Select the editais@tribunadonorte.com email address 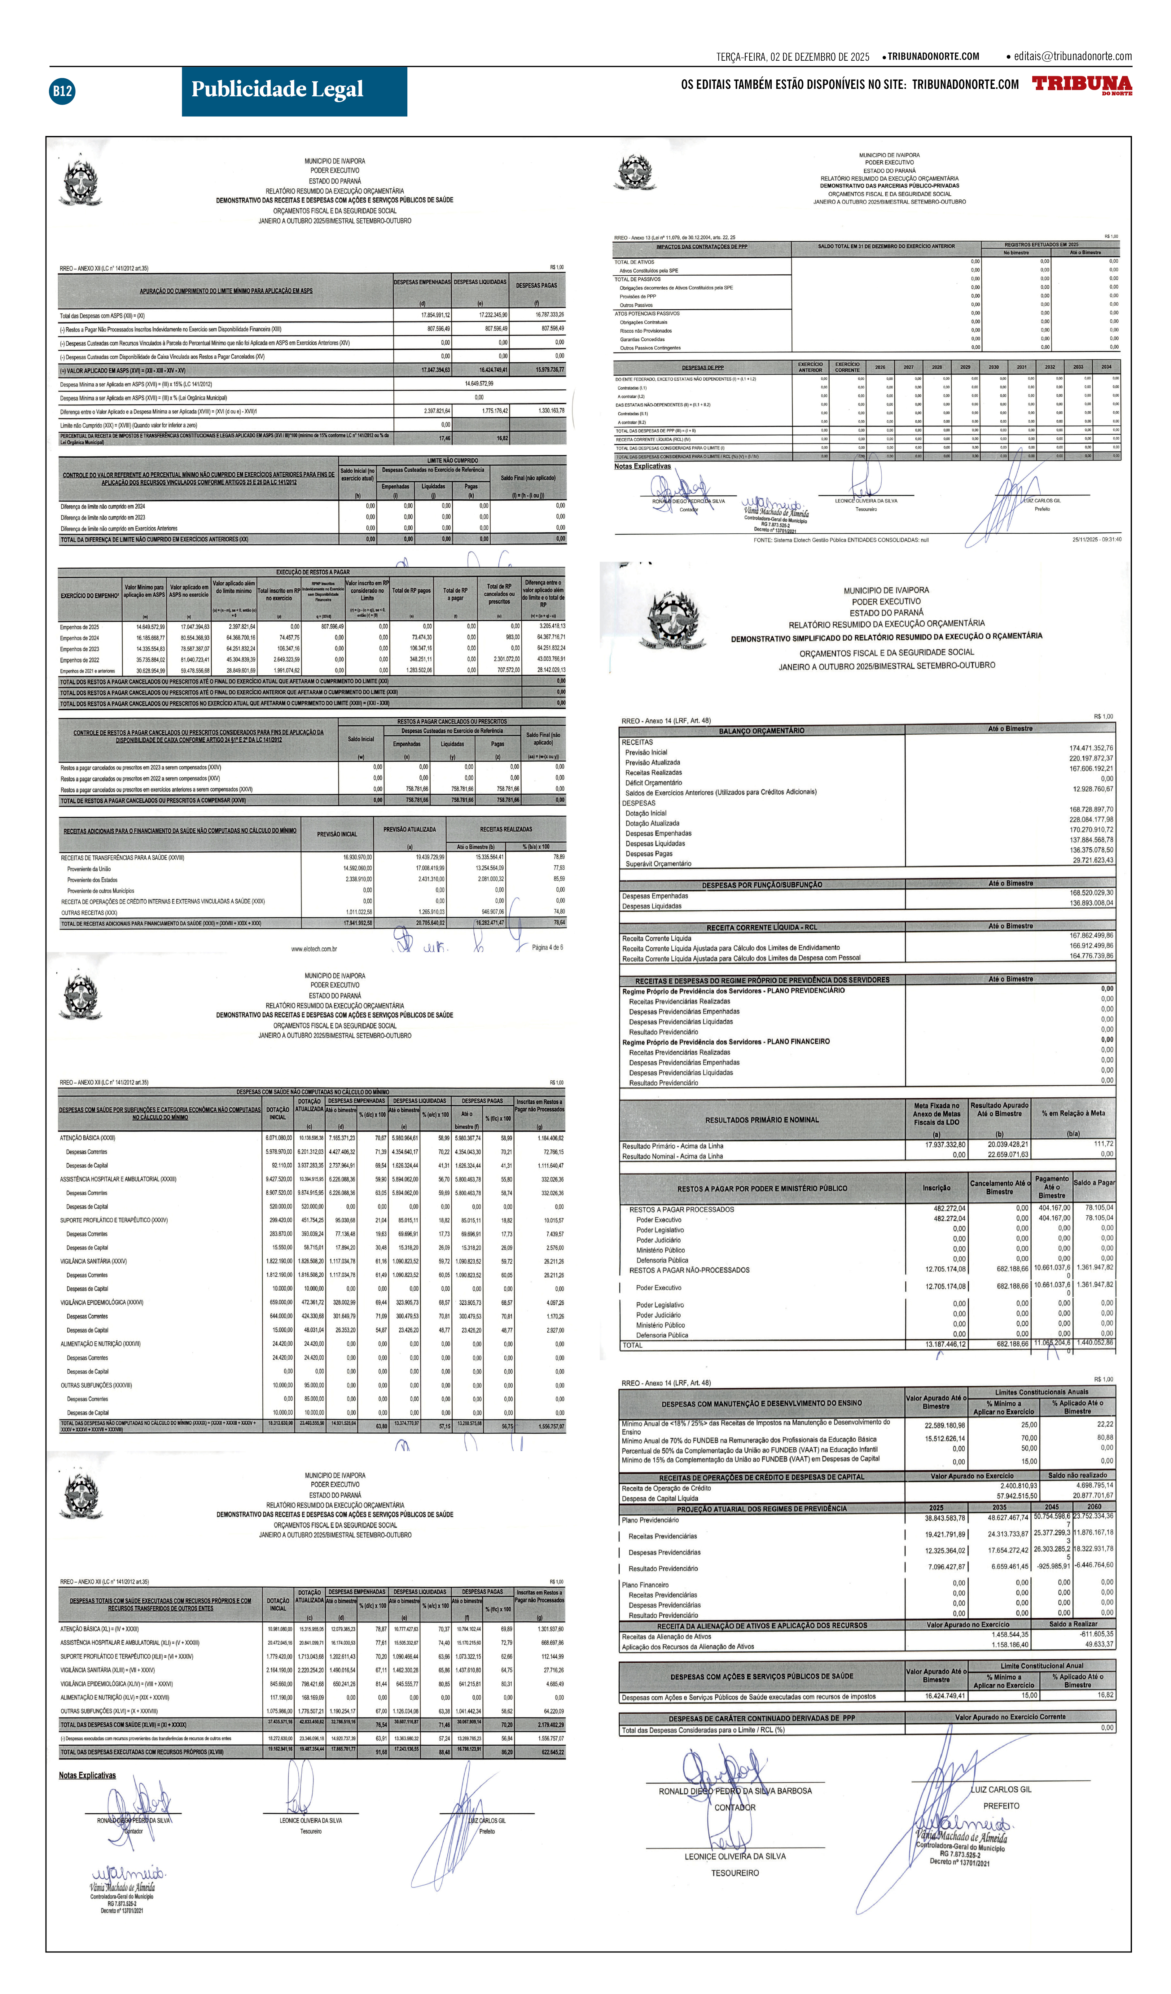(1072, 56)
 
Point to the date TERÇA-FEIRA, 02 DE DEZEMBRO (792, 57)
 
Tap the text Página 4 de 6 (547, 947)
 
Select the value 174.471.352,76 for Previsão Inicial (1090, 748)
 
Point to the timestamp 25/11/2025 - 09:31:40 (1096, 540)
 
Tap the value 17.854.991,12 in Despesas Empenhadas (435, 315)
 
